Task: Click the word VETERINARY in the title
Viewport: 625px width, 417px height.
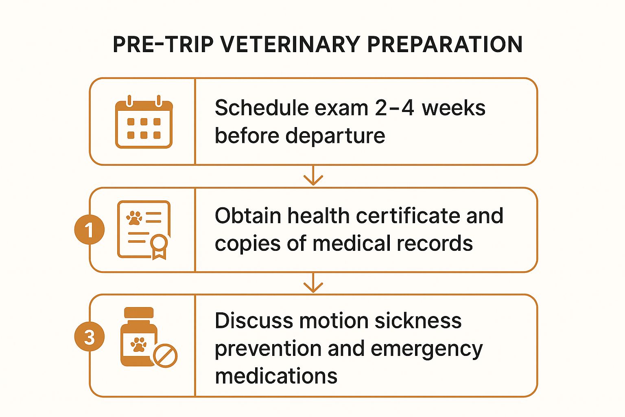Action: pyautogui.click(x=290, y=44)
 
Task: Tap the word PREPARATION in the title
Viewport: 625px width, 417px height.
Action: pyautogui.click(x=445, y=44)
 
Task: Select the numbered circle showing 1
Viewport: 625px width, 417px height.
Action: pyautogui.click(x=89, y=230)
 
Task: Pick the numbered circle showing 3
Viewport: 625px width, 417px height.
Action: pyautogui.click(x=89, y=336)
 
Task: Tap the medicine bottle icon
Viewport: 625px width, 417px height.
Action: pyautogui.click(x=139, y=337)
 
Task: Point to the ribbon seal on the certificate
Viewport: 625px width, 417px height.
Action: pyautogui.click(x=160, y=246)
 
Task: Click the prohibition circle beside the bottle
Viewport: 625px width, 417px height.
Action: pyautogui.click(x=166, y=356)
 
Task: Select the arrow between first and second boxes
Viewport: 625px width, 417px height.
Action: pyautogui.click(x=313, y=176)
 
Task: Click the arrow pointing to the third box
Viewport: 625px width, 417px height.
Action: pyautogui.click(x=313, y=283)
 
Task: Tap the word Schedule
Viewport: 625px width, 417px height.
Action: pyautogui.click(x=262, y=108)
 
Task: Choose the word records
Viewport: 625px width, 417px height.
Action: pyautogui.click(x=435, y=244)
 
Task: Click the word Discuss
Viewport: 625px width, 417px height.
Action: pyautogui.click(x=254, y=320)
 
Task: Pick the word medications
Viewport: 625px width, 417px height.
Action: pyautogui.click(x=276, y=376)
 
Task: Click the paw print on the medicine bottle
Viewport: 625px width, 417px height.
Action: pyautogui.click(x=138, y=345)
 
